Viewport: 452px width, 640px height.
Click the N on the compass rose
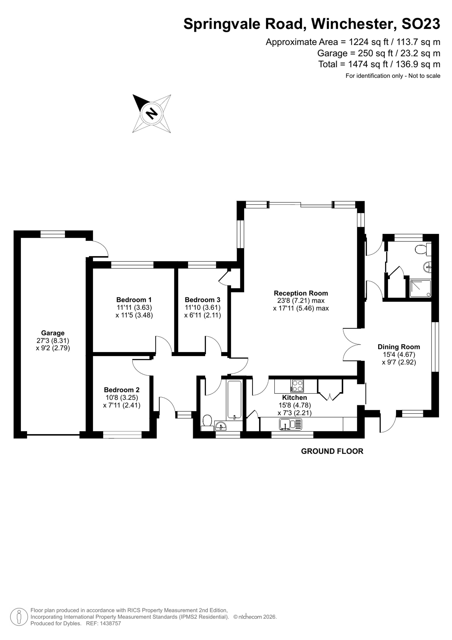(152, 113)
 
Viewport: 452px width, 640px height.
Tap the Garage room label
(53, 333)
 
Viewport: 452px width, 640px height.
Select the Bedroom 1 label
(134, 300)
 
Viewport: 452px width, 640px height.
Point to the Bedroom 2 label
(122, 390)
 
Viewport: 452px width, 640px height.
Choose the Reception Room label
(301, 293)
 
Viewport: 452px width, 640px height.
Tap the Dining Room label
(399, 347)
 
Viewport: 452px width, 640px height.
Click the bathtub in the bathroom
(234, 400)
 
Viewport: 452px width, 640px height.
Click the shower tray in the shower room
(420, 289)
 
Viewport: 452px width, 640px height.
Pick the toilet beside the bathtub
(207, 422)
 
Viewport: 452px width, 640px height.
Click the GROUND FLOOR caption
(332, 451)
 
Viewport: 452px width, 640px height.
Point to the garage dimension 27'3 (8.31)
(53, 340)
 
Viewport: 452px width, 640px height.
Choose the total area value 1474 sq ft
(368, 64)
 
